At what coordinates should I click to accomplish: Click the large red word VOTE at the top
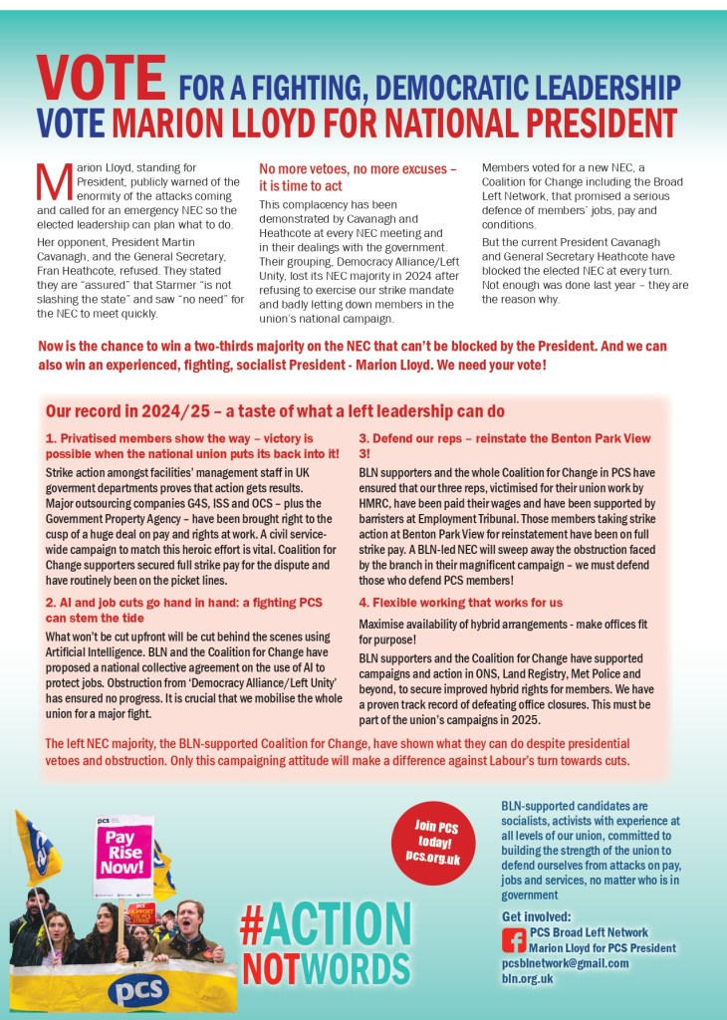click(x=101, y=78)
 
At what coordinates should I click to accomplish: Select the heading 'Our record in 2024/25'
click(x=275, y=411)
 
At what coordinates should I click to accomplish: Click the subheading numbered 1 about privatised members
click(x=192, y=445)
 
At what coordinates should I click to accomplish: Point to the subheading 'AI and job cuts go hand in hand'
click(x=183, y=610)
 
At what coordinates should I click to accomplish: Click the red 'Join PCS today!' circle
click(x=432, y=842)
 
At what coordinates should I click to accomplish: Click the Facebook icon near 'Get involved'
click(x=514, y=938)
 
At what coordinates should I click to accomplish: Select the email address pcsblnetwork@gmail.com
click(x=565, y=963)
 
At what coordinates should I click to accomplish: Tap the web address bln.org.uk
click(x=527, y=979)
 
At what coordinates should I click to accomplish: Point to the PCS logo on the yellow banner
click(x=137, y=990)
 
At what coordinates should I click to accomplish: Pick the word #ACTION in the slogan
click(x=325, y=922)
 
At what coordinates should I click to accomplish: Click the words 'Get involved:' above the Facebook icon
click(x=537, y=916)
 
